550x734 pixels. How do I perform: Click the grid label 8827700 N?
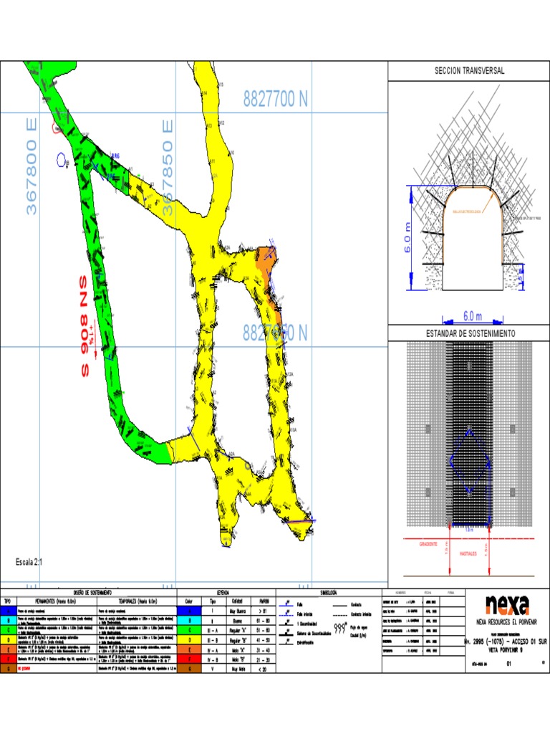tap(275, 100)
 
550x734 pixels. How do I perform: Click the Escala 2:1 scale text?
tap(29, 563)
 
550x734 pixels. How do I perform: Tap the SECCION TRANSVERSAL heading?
tap(469, 71)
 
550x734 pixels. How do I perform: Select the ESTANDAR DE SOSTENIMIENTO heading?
tap(469, 333)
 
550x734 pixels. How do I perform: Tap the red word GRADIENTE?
tap(428, 544)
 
